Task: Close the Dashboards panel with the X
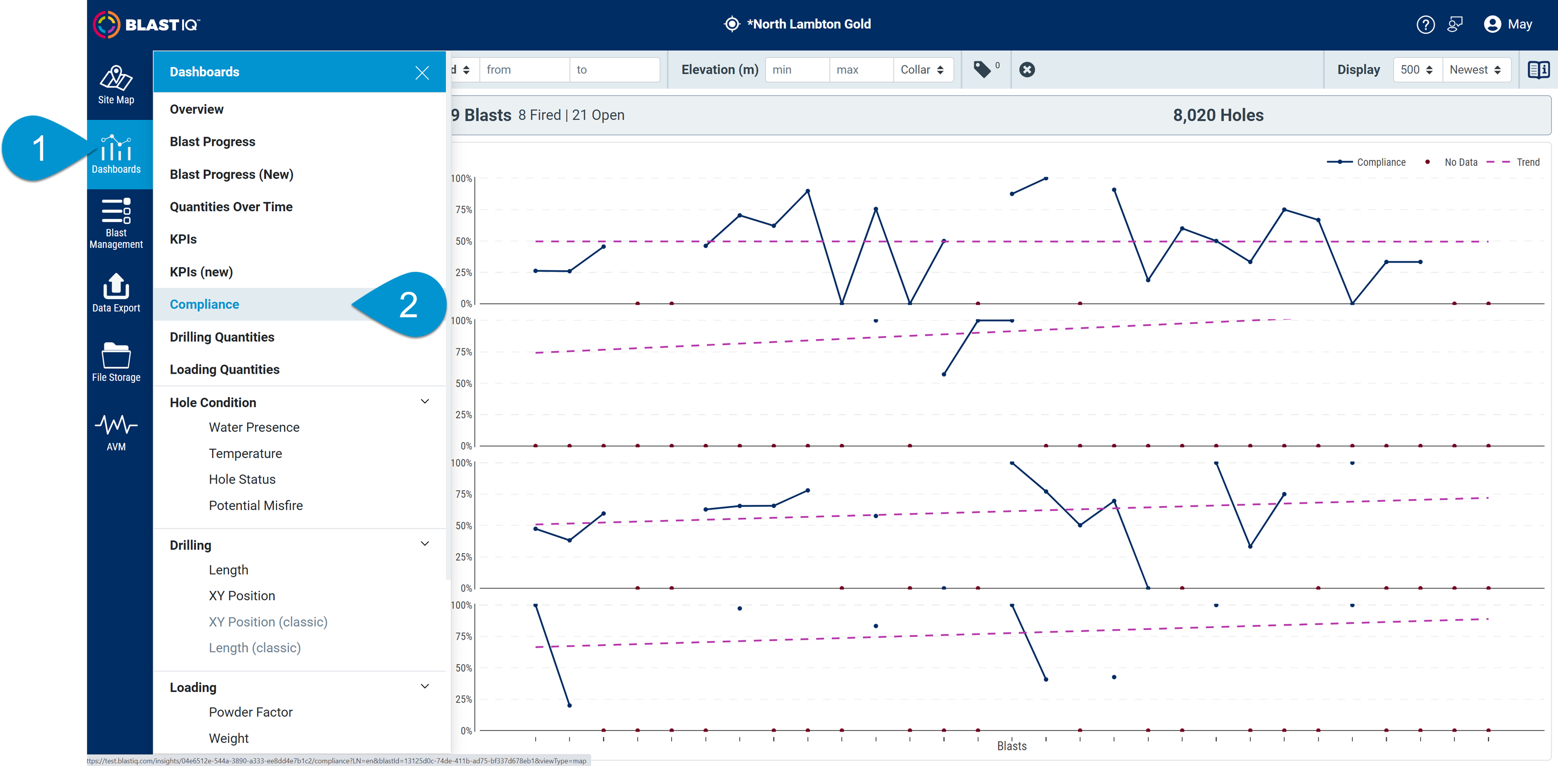(x=422, y=73)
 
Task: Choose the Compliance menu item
(x=205, y=304)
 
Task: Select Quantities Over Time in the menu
(x=231, y=207)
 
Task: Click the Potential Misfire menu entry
(x=255, y=505)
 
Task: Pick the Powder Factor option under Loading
(x=250, y=712)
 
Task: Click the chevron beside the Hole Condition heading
(x=425, y=401)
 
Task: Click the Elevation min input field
(x=797, y=70)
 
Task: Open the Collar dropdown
(x=922, y=70)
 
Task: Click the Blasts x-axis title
(x=1011, y=746)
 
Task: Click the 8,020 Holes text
(x=1217, y=115)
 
